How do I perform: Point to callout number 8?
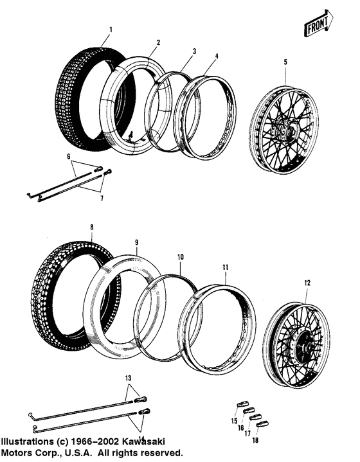(x=92, y=227)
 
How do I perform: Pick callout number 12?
(x=307, y=282)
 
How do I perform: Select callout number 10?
(x=181, y=256)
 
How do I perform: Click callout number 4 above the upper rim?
(x=217, y=56)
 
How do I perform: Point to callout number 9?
(x=136, y=242)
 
